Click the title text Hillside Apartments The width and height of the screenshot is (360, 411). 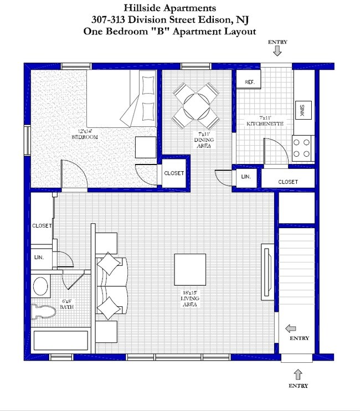click(x=169, y=8)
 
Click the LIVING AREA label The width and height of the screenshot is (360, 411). click(x=189, y=302)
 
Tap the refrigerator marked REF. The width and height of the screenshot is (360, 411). click(x=249, y=83)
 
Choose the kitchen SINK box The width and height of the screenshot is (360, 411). click(x=302, y=110)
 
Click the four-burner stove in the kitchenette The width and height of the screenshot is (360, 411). click(x=302, y=148)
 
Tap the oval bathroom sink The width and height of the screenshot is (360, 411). click(x=40, y=286)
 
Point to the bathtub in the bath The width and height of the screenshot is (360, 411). click(x=60, y=340)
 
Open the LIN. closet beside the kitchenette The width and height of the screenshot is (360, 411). click(x=246, y=177)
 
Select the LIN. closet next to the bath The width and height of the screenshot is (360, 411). click(x=39, y=258)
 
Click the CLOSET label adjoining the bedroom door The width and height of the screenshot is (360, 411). click(x=174, y=173)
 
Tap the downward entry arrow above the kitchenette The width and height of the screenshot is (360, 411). click(x=277, y=51)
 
